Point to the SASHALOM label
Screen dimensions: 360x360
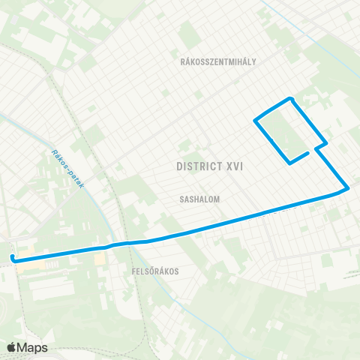(199, 200)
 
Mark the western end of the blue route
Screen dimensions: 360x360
(13, 259)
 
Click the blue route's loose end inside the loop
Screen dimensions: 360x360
(308, 153)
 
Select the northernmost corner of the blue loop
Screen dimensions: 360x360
(290, 98)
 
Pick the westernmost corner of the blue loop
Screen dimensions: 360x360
(256, 120)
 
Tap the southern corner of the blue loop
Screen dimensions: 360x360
(290, 162)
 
